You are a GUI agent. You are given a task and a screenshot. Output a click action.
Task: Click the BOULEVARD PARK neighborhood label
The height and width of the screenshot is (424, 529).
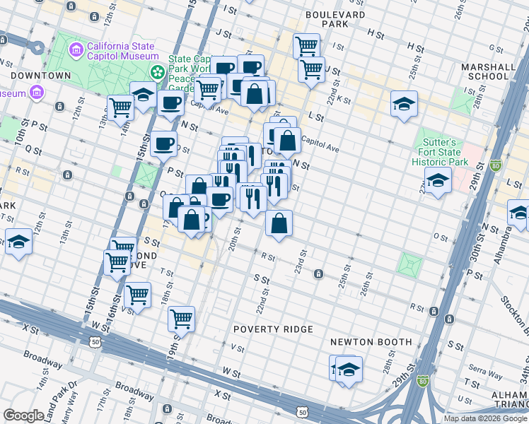pyautogui.click(x=336, y=19)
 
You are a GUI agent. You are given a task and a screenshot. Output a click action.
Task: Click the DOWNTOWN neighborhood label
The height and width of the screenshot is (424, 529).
pyautogui.click(x=40, y=76)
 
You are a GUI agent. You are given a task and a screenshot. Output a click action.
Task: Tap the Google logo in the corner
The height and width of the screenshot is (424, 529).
pyautogui.click(x=24, y=416)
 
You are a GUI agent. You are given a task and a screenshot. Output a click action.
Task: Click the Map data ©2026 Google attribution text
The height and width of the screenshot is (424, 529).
pyautogui.click(x=486, y=418)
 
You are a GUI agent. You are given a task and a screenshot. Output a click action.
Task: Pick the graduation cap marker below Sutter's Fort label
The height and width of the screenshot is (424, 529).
pyautogui.click(x=438, y=180)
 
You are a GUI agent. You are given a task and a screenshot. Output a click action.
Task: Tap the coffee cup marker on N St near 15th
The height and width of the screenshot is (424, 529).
pyautogui.click(x=164, y=144)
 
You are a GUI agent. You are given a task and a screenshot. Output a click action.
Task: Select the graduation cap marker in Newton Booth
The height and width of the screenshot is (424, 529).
pyautogui.click(x=349, y=370)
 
